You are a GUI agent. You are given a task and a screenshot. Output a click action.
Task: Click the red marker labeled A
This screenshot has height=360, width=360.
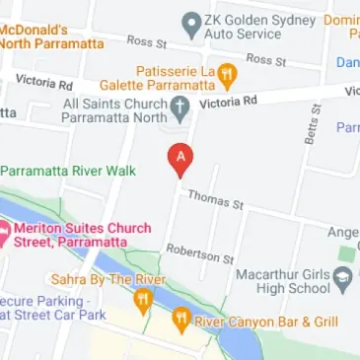point(180,159)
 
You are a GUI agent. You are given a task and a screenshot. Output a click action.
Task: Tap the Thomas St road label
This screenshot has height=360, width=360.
point(215,200)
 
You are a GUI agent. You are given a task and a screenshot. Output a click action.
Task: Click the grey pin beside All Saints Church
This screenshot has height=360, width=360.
point(180,106)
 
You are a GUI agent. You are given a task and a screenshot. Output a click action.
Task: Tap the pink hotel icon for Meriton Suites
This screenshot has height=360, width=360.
point(3,234)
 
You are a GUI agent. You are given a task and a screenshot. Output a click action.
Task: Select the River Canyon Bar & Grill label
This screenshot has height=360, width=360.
point(268,322)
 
